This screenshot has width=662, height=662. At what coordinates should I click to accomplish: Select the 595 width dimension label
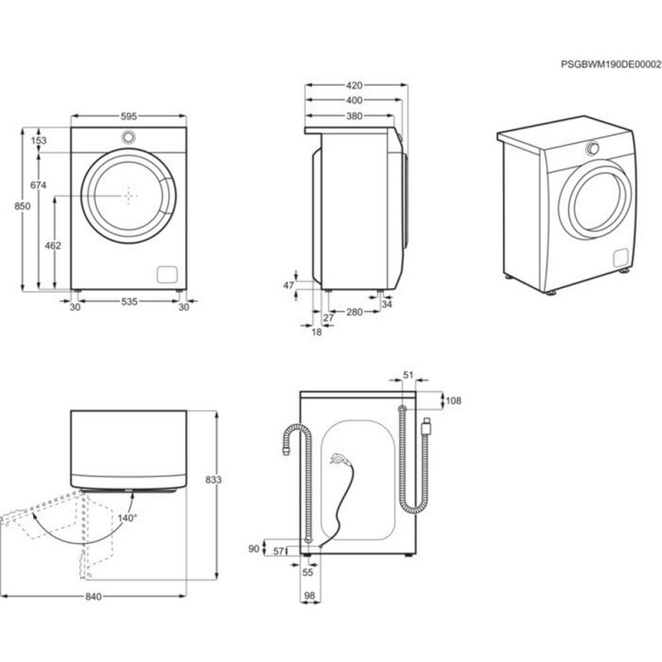click(x=128, y=117)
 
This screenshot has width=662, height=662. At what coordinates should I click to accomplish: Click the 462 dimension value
click(x=53, y=246)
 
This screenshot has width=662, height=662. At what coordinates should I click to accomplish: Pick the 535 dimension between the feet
click(x=128, y=303)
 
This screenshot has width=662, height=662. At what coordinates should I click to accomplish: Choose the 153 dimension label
click(x=39, y=141)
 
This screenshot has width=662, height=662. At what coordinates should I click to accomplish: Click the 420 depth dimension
click(x=354, y=85)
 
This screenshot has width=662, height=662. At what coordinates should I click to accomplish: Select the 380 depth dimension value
click(x=354, y=117)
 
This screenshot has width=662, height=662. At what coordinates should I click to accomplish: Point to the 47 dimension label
click(x=289, y=285)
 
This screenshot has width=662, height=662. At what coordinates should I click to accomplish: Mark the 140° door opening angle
click(x=126, y=517)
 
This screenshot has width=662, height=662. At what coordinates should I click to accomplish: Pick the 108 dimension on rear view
click(x=453, y=401)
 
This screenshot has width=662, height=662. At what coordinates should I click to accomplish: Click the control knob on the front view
click(x=128, y=137)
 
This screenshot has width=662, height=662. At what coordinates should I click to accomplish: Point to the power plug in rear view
click(x=337, y=458)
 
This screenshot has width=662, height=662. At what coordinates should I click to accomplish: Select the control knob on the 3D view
click(x=592, y=149)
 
